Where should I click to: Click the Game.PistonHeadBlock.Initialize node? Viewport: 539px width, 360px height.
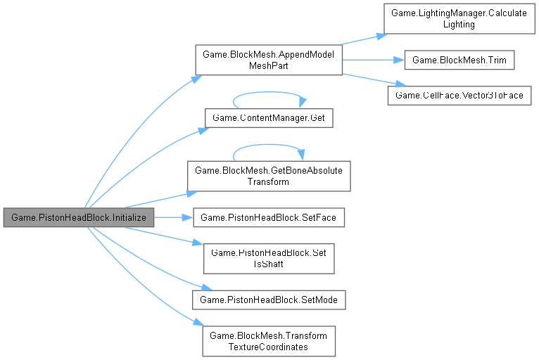[x=79, y=218]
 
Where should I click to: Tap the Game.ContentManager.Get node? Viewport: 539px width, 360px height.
[x=268, y=117]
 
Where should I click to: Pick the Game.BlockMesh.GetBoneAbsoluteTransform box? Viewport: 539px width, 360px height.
[x=268, y=175]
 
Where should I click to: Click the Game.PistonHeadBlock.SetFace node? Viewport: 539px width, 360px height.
[x=269, y=218]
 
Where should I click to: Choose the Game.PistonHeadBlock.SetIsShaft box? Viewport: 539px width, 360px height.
[x=268, y=258]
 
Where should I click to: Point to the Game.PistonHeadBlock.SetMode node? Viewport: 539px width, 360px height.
[x=269, y=300]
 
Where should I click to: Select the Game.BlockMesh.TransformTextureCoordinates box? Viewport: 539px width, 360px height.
[x=268, y=341]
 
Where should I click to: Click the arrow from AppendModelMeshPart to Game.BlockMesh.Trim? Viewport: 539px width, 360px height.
[x=373, y=60]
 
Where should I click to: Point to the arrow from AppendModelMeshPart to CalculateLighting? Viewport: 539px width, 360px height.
[x=362, y=39]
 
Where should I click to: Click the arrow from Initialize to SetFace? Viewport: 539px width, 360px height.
[x=173, y=218]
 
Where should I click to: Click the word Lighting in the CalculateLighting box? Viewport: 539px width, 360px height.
[x=458, y=24]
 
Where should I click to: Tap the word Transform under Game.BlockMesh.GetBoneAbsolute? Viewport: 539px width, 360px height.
[x=268, y=181]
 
